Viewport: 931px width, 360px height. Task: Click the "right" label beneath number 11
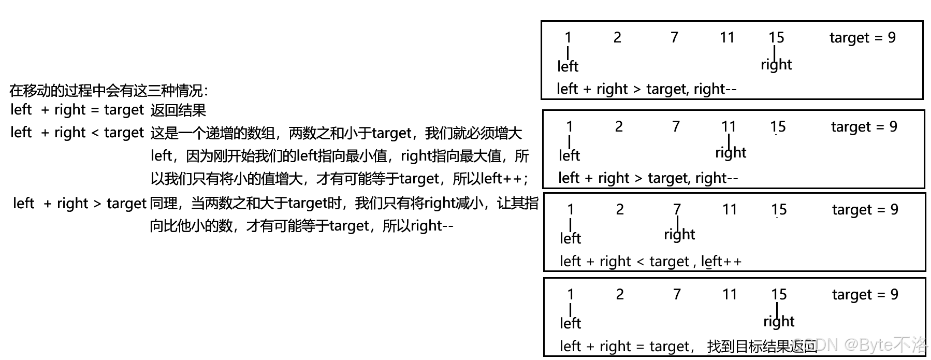tap(731, 153)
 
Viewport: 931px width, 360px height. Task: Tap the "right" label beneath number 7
tap(679, 235)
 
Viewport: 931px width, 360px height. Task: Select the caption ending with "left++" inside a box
tap(650, 262)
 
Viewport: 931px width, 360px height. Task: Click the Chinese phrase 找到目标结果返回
tap(761, 347)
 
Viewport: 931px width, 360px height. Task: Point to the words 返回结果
tap(178, 110)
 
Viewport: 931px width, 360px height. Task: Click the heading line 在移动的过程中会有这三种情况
tap(109, 91)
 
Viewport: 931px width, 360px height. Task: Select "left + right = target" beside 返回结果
tap(77, 110)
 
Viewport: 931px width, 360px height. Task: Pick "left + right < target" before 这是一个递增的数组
tap(77, 133)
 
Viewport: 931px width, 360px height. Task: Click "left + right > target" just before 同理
tap(80, 204)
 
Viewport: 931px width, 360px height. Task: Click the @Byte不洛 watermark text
tap(885, 344)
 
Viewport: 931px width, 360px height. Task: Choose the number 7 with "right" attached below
tap(677, 209)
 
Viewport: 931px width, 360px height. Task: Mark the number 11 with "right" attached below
tap(729, 126)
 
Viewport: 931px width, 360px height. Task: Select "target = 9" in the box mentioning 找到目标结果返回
tap(865, 295)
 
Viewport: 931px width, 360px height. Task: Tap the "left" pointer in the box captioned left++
tap(570, 238)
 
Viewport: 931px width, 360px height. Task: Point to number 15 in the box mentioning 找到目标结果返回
tap(779, 295)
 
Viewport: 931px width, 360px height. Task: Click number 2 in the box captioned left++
tap(620, 209)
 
